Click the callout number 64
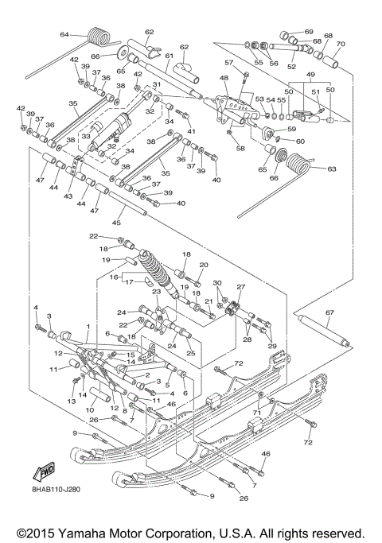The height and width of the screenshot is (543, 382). tap(64, 34)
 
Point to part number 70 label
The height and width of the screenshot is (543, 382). tap(341, 44)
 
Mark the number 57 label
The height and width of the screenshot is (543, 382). tap(228, 63)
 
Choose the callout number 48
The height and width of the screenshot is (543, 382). tap(224, 78)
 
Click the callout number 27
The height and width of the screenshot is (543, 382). tap(241, 287)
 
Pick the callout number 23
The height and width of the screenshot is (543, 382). tap(157, 292)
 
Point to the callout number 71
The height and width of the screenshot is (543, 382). tap(256, 413)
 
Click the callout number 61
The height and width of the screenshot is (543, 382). tap(169, 56)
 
